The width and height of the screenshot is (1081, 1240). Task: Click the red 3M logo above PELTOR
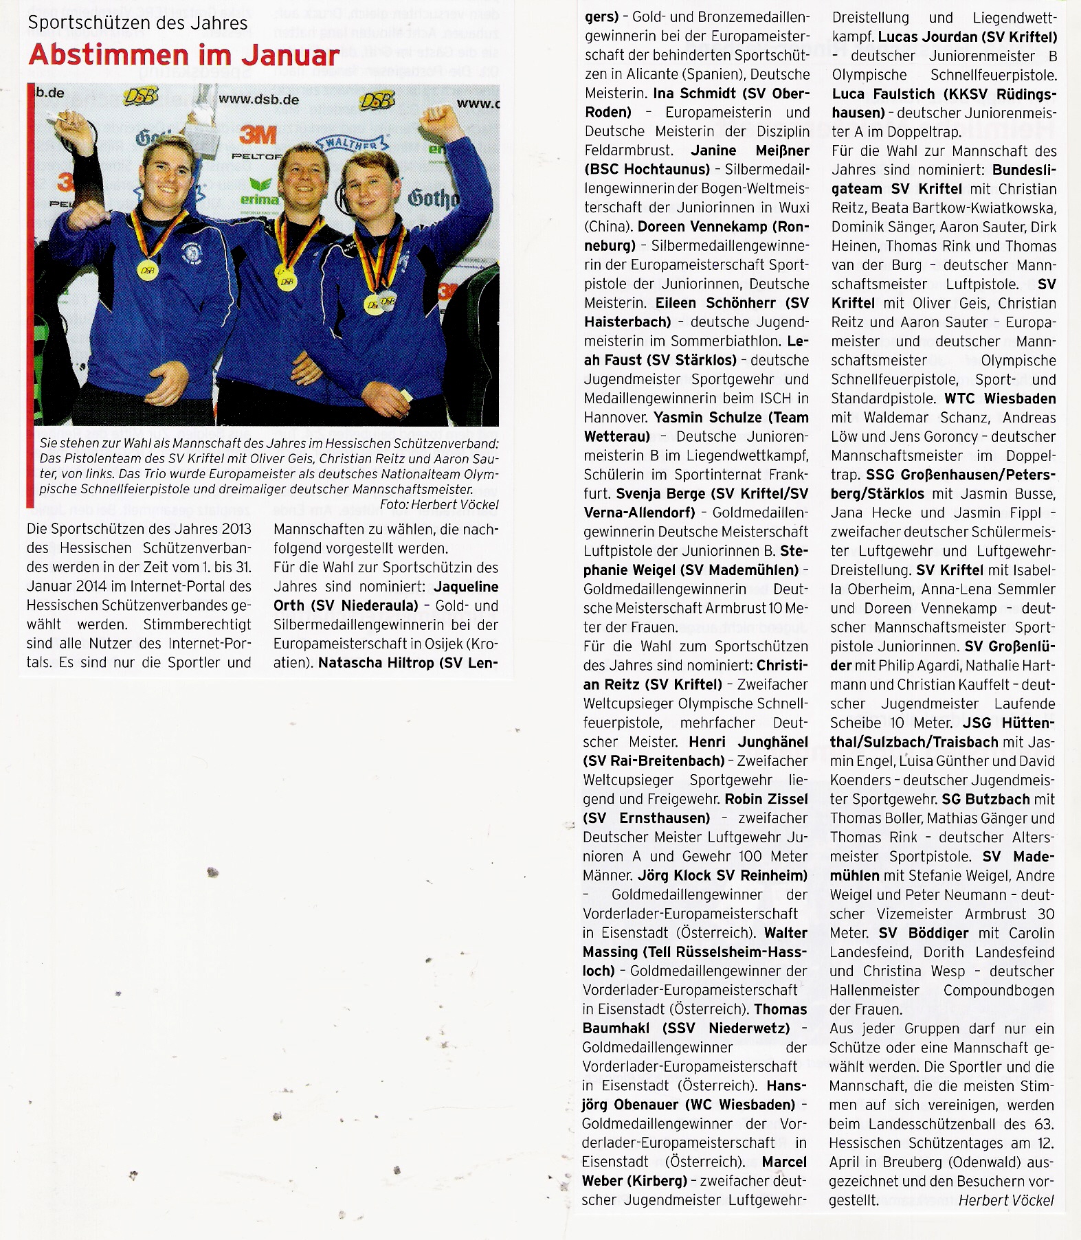(258, 135)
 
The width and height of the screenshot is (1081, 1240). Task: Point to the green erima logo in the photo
(259, 192)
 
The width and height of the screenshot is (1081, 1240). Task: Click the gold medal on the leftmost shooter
(148, 270)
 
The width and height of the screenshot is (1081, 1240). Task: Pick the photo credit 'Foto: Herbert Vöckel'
(438, 504)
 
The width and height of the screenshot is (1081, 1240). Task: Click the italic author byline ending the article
(1006, 1199)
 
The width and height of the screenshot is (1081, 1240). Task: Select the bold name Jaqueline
(466, 587)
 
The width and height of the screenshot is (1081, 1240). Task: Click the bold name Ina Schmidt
(698, 93)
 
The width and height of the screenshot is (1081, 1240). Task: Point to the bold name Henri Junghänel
(748, 742)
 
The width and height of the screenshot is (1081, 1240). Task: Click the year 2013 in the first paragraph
(234, 529)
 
